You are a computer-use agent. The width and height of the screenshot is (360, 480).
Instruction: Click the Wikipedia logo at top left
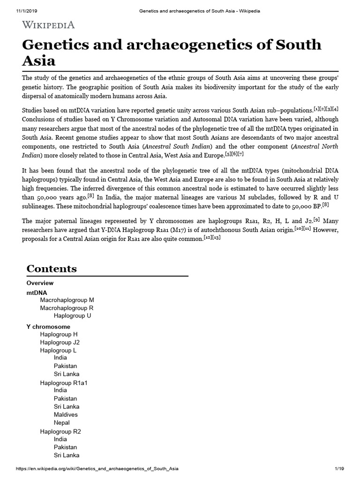[x=48, y=24]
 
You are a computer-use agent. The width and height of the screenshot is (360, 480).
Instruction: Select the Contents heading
[x=52, y=269]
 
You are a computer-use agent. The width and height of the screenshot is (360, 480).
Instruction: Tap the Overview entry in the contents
[x=40, y=283]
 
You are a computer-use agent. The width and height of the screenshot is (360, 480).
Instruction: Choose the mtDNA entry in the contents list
[x=37, y=292]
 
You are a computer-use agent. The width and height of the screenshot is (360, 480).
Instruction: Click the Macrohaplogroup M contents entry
[x=67, y=300]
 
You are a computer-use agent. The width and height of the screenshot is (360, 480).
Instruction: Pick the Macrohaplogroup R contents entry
[x=67, y=308]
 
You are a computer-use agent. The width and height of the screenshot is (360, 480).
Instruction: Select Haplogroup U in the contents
[x=72, y=316]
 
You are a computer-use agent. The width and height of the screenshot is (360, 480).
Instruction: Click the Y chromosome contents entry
[x=48, y=327]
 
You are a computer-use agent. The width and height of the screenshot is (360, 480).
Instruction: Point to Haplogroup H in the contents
[x=59, y=335]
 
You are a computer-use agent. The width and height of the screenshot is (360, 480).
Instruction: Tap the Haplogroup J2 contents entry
[x=60, y=343]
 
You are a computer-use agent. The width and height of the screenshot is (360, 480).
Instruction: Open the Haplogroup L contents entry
[x=59, y=351]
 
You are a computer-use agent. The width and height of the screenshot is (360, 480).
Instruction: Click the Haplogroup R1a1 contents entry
[x=64, y=383]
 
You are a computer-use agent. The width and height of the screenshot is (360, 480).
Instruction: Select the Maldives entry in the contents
[x=66, y=415]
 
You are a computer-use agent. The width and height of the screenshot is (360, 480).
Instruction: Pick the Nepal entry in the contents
[x=62, y=423]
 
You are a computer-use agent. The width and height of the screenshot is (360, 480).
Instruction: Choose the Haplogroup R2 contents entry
[x=60, y=431]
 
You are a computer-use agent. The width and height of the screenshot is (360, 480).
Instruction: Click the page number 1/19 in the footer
[x=339, y=469]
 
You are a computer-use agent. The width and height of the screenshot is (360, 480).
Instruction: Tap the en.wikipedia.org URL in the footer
[x=97, y=469]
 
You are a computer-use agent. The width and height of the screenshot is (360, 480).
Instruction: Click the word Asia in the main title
[x=39, y=60]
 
